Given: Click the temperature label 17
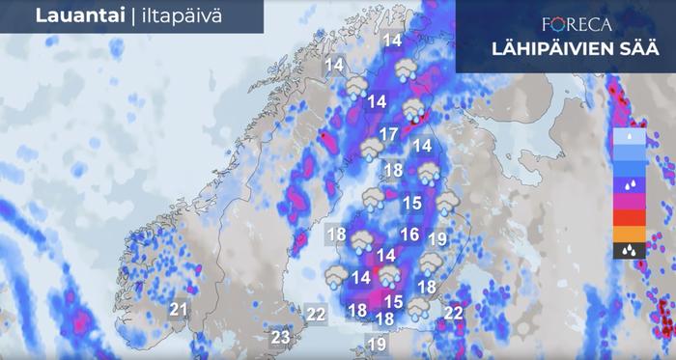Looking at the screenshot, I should [x=389, y=134].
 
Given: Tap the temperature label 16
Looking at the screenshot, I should [x=409, y=235].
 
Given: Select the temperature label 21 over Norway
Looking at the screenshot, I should [x=179, y=309].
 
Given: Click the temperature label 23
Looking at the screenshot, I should [x=280, y=337].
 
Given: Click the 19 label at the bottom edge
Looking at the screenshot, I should [x=377, y=344].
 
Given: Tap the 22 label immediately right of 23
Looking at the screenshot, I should [x=316, y=313].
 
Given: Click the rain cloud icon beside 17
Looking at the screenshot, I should [x=371, y=149].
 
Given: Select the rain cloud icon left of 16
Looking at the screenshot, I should [x=361, y=241].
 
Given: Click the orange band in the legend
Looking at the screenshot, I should [x=629, y=234].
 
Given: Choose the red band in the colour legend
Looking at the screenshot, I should [x=629, y=217].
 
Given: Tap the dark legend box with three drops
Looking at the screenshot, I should [x=629, y=250].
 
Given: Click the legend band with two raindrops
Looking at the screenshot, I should [x=629, y=183].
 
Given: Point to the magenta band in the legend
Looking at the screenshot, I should [x=629, y=201].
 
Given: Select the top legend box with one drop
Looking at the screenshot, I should [x=629, y=137].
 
